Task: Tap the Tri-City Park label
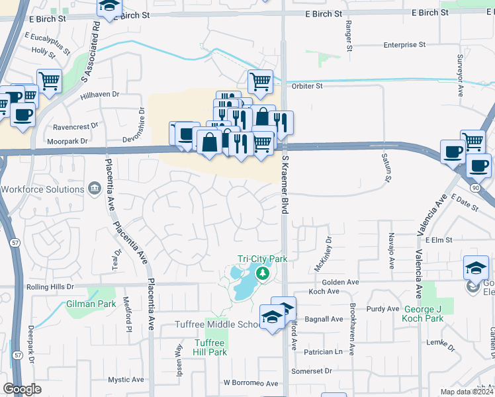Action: point(263,259)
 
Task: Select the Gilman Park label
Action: point(91,304)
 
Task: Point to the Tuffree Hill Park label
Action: point(210,347)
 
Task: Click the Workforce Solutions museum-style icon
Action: point(95,189)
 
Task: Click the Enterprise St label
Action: point(404,45)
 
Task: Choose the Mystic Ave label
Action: point(126,380)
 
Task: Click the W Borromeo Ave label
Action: point(251,383)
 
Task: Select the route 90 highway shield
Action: point(475,189)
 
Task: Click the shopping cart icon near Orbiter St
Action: point(261,82)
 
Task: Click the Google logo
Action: point(22,389)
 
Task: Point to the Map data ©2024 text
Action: point(467,392)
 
